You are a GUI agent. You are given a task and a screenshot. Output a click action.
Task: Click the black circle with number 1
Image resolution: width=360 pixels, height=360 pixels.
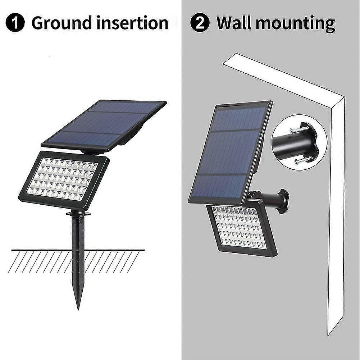tap(15, 23)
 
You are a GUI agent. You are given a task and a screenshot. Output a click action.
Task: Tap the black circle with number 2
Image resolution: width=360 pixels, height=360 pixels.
tap(200, 23)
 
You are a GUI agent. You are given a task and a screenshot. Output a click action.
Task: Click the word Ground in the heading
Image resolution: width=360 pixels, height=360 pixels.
tap(61, 23)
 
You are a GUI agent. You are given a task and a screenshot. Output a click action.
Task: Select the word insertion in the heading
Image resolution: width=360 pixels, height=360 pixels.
tap(132, 23)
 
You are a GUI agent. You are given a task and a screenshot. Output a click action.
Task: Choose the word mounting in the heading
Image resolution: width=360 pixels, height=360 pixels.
tap(295, 24)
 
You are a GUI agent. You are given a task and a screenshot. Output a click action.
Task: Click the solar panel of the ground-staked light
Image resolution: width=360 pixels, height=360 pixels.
tap(104, 126)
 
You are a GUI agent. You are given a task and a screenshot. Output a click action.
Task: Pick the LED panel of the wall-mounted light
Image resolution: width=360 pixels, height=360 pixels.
tap(242, 229)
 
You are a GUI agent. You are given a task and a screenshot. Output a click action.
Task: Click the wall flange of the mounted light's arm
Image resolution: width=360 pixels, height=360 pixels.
tap(283, 201)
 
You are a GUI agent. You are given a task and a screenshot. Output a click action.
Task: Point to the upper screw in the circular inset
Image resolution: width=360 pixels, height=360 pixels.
tap(298, 129)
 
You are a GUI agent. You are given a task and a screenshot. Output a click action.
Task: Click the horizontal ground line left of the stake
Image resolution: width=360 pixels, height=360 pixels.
tap(42, 250)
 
